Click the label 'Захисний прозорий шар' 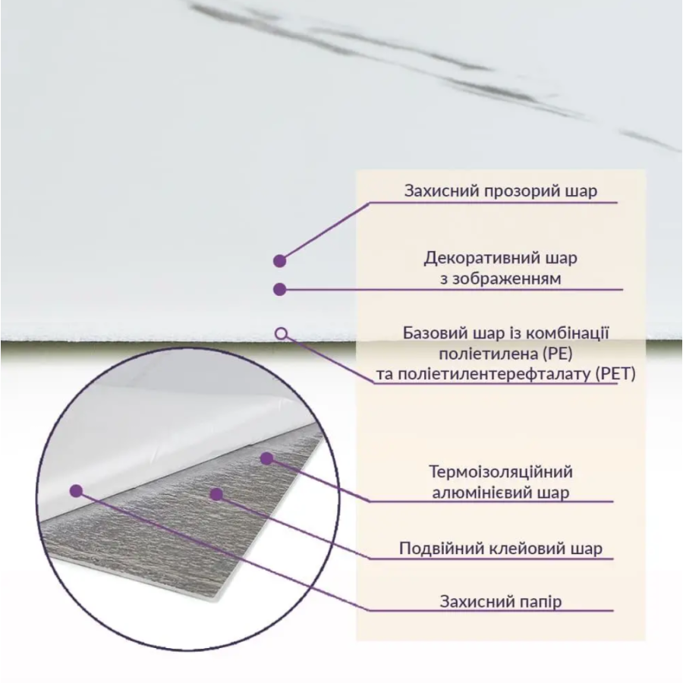(501, 190)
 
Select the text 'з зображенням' (501, 279)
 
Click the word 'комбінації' (567, 333)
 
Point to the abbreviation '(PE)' (558, 354)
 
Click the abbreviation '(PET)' (615, 373)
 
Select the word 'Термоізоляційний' (501, 472)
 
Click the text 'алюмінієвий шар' (501, 493)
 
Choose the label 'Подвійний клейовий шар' (501, 549)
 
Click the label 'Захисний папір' (501, 602)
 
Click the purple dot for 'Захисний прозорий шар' (279, 261)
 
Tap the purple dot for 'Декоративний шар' (279, 289)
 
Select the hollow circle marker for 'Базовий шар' (282, 334)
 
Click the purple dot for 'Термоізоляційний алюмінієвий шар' (266, 458)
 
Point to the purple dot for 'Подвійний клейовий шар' (216, 494)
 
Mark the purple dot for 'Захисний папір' (76, 491)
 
